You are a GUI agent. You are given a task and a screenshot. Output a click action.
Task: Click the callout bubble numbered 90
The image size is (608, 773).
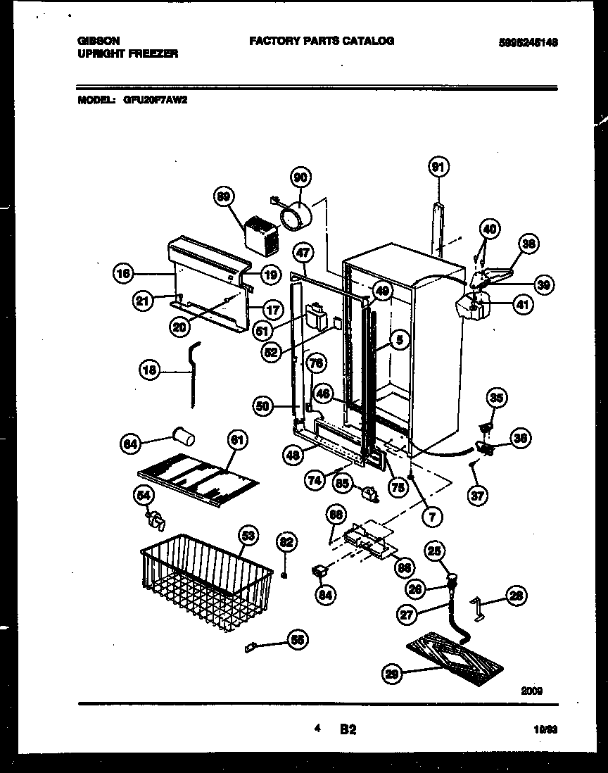[x=301, y=179]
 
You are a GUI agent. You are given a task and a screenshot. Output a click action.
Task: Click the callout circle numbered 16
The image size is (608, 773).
[x=125, y=274]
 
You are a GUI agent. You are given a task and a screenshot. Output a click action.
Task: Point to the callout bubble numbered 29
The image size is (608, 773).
[x=392, y=674]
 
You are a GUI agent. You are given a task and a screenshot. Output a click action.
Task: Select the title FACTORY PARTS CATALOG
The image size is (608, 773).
[x=321, y=41]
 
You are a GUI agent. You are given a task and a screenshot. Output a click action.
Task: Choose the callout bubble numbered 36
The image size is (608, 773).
[x=521, y=439]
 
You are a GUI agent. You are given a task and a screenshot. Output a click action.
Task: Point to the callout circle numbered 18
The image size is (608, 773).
[x=151, y=369]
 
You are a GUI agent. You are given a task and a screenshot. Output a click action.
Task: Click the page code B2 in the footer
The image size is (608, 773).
[x=348, y=730]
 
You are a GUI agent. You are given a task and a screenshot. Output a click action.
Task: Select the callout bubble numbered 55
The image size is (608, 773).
[x=298, y=640]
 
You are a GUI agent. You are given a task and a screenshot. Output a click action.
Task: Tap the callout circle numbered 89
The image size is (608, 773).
[x=225, y=199]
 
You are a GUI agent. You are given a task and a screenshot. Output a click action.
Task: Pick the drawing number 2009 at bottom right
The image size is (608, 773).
[x=531, y=691]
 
